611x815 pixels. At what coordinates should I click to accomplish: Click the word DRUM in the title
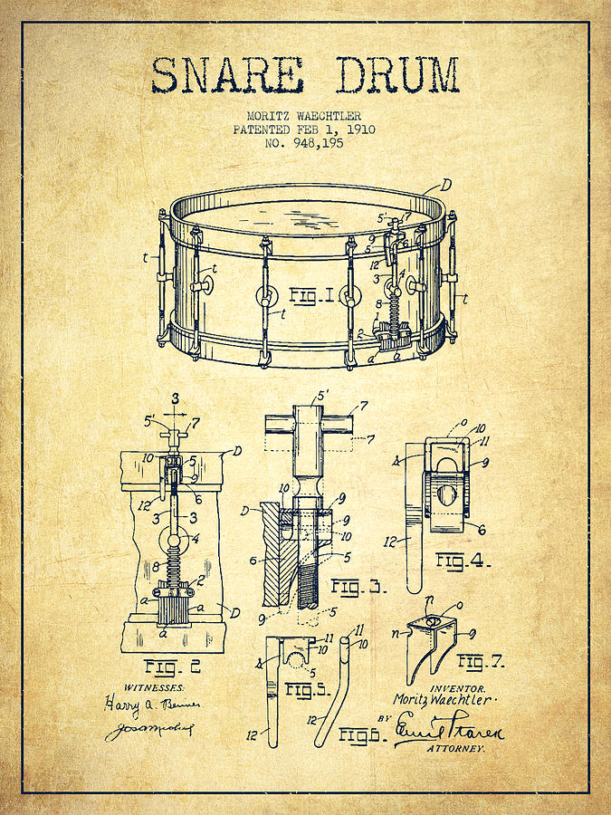pos(397,76)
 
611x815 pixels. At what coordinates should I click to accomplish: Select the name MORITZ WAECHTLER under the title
pos(304,116)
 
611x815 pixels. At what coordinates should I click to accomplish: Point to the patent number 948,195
pos(305,142)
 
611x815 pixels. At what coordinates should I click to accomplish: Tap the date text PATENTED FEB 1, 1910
pos(304,129)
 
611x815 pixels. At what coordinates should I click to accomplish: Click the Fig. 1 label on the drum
pos(312,295)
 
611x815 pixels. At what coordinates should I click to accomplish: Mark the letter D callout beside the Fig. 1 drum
pos(446,185)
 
